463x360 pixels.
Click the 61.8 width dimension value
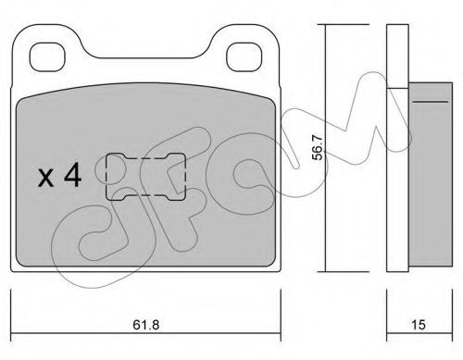[146, 325]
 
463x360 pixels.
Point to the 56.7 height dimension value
[318, 148]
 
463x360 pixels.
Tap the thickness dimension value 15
[419, 325]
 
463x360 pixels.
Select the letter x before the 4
[45, 179]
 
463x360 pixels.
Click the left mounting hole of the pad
[47, 57]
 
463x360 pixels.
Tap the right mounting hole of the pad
[244, 57]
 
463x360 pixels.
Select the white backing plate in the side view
[397, 148]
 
